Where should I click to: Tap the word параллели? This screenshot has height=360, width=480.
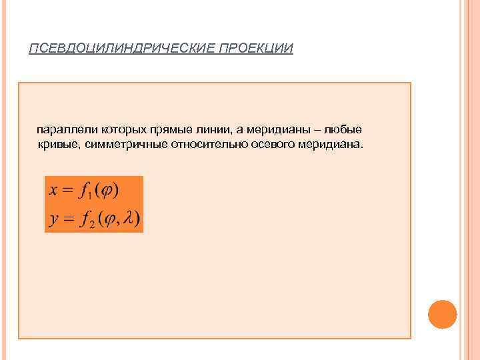[x=65, y=129]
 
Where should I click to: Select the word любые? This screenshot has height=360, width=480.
[x=345, y=129]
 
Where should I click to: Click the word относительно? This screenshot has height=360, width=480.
[x=203, y=144]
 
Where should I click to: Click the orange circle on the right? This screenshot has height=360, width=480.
[x=442, y=314]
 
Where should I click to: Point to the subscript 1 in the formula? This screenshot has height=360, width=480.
[x=89, y=196]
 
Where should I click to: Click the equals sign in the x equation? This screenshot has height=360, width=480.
[x=67, y=191]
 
